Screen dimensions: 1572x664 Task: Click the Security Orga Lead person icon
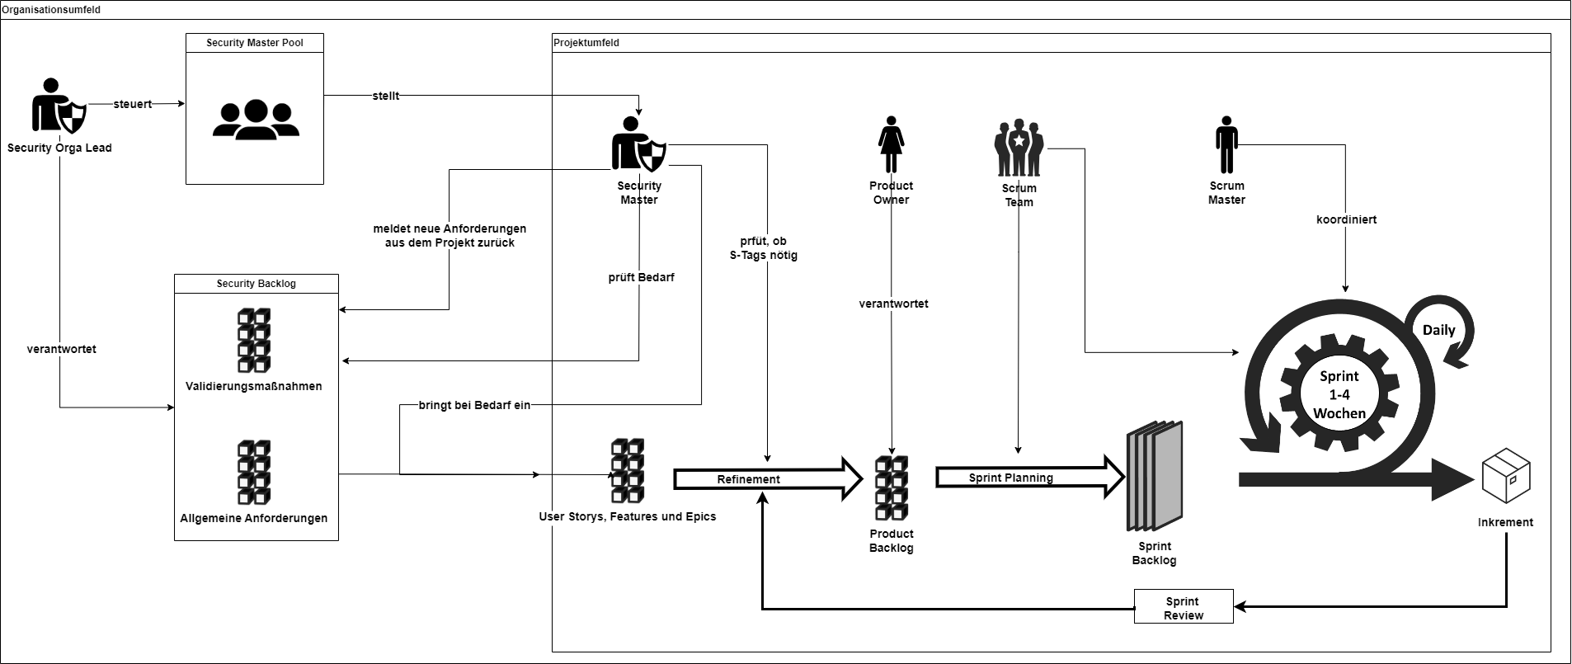pyautogui.click(x=59, y=106)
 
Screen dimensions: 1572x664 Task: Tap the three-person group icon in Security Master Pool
pyautogui.click(x=256, y=118)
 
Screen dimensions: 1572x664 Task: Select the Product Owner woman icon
pyautogui.click(x=891, y=145)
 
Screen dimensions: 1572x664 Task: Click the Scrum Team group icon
pyautogui.click(x=1019, y=148)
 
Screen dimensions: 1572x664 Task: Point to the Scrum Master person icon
pyautogui.click(x=1226, y=145)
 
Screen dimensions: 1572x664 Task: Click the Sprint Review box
pyautogui.click(x=1184, y=607)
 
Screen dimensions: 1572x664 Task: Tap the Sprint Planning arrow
pyautogui.click(x=1031, y=477)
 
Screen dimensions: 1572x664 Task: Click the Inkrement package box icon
pyautogui.click(x=1506, y=476)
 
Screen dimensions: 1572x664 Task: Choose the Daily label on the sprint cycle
pyautogui.click(x=1439, y=330)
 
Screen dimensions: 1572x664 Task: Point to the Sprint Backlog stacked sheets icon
pyautogui.click(x=1155, y=477)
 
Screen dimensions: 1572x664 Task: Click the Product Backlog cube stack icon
pyautogui.click(x=892, y=488)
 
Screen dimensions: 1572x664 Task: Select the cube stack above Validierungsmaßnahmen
pyautogui.click(x=255, y=341)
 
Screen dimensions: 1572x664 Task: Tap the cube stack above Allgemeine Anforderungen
pyautogui.click(x=255, y=473)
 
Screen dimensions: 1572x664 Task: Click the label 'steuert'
pyautogui.click(x=133, y=104)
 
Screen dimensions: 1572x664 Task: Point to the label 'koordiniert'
pyautogui.click(x=1346, y=219)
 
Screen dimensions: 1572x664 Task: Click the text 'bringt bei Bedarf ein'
pyautogui.click(x=474, y=405)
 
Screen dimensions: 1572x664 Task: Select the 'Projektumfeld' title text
pyautogui.click(x=586, y=42)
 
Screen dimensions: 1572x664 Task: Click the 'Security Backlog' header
pyautogui.click(x=257, y=283)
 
